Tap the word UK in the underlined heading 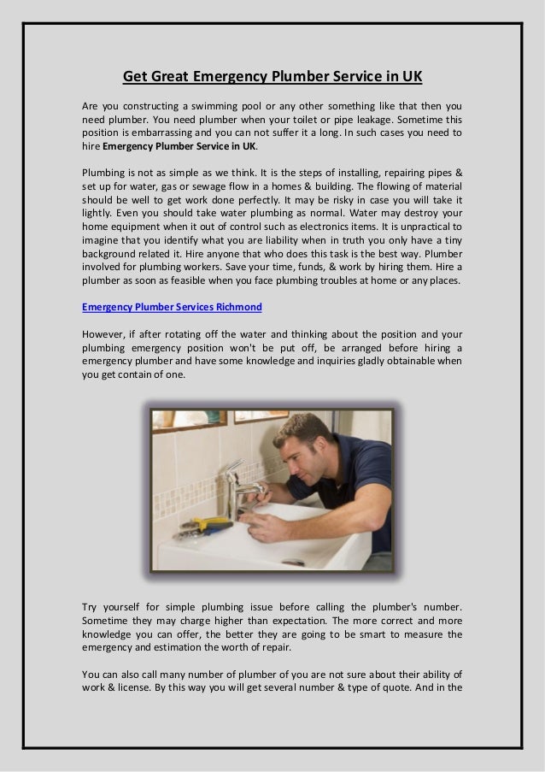pyautogui.click(x=412, y=77)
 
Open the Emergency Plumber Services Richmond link pyautogui.click(x=172, y=306)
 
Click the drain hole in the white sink pyautogui.click(x=293, y=562)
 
